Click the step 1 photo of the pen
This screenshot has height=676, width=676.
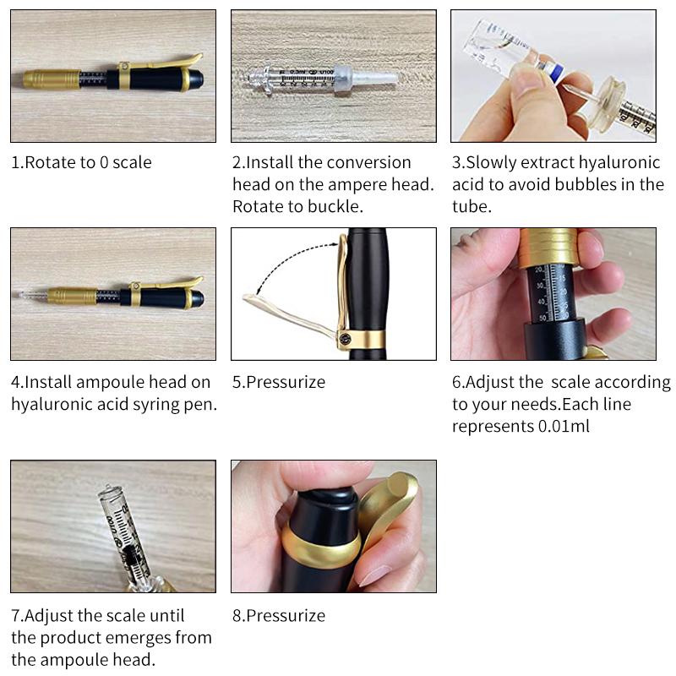point(112,76)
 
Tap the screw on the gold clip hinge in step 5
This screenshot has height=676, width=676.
point(345,340)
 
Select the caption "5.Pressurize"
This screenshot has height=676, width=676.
point(279,382)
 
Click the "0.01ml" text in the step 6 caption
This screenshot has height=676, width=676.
point(564,426)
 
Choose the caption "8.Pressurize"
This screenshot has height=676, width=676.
point(279,615)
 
